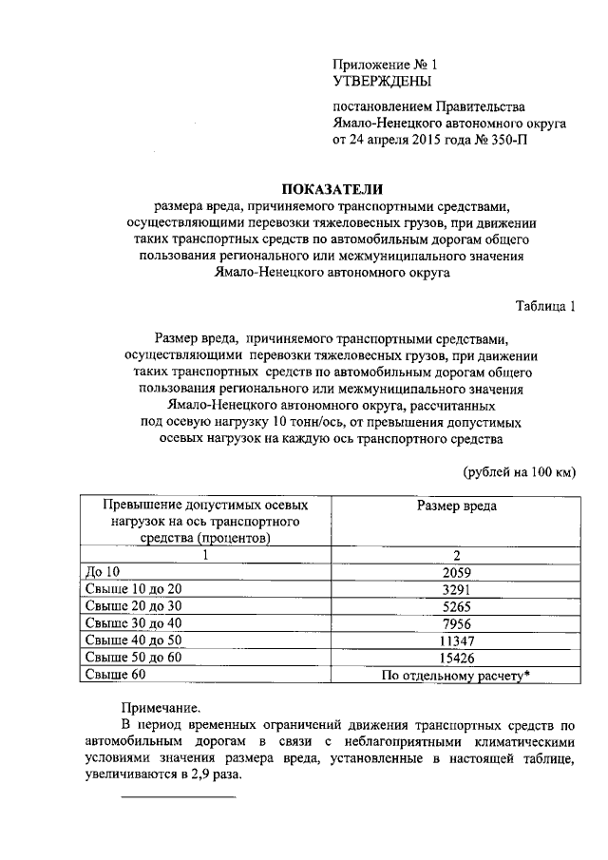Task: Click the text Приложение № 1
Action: (x=384, y=65)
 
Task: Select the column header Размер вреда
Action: (x=456, y=506)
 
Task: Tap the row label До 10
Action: (x=104, y=573)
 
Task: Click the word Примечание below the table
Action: (x=161, y=708)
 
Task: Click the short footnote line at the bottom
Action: (x=180, y=796)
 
